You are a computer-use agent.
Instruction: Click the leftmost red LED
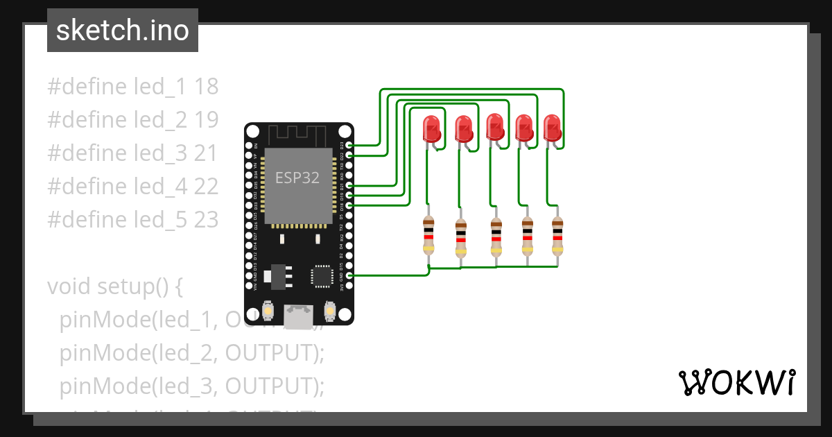[x=431, y=129]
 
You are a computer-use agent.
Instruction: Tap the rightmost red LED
[x=552, y=128]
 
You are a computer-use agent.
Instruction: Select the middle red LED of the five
[x=494, y=128]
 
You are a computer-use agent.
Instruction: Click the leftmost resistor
[x=429, y=234]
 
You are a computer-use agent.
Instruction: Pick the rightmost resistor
[x=557, y=234]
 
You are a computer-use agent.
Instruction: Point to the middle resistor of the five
[x=495, y=236]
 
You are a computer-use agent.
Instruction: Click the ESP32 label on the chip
[x=297, y=178]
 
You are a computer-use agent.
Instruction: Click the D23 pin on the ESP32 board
[x=349, y=145]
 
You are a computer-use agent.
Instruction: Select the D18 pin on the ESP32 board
[x=349, y=205]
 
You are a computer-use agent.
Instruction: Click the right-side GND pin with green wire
[x=349, y=275]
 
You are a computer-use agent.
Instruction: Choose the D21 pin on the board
[x=349, y=185]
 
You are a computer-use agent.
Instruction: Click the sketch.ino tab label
[x=122, y=31]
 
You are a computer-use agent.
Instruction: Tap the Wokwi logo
[x=737, y=382]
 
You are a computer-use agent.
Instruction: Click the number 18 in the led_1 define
[x=207, y=87]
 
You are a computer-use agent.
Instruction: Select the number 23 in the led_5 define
[x=207, y=220]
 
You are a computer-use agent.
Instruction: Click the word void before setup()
[x=69, y=286]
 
